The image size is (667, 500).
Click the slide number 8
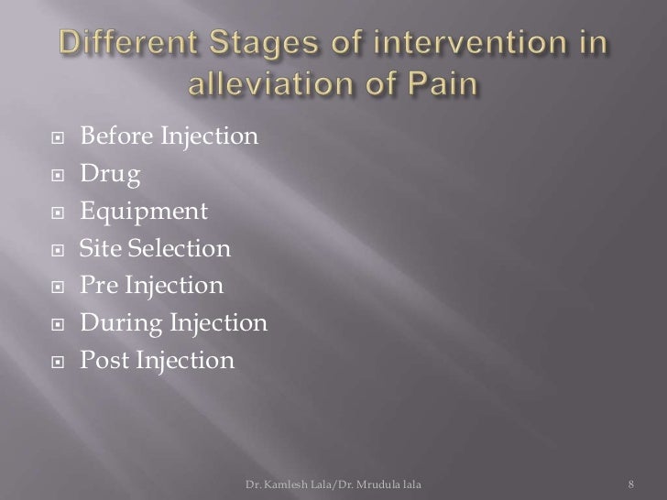click(631, 482)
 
